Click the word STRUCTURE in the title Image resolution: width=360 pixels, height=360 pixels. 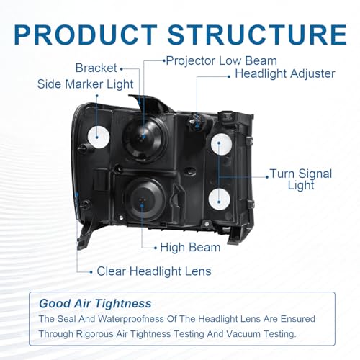(x=257, y=35)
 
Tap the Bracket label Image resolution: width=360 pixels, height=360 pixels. (x=96, y=68)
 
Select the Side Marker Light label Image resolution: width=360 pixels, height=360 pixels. (x=85, y=84)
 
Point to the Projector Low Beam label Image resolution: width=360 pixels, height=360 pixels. (x=222, y=61)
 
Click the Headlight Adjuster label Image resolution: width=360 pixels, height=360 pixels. (x=285, y=73)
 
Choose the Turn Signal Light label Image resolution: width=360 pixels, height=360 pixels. (x=301, y=179)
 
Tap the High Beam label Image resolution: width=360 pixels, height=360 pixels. (x=190, y=248)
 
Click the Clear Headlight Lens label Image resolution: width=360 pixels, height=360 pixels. (x=154, y=271)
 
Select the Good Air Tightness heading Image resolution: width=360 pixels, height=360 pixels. (x=95, y=304)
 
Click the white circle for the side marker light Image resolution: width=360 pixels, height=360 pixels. (x=99, y=137)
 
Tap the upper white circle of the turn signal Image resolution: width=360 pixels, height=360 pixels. (x=221, y=144)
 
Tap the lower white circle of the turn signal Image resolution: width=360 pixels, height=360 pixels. (x=220, y=199)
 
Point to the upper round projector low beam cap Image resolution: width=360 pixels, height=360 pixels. (x=144, y=138)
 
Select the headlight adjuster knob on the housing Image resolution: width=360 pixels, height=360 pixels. (x=196, y=122)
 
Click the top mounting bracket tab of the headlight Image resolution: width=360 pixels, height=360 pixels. (x=150, y=103)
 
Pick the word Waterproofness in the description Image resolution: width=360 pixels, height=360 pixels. (x=130, y=319)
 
